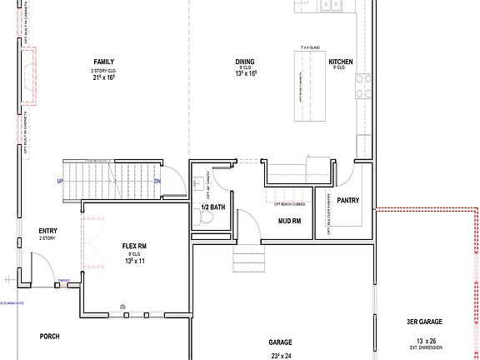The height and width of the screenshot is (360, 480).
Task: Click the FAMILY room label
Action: click(104, 62)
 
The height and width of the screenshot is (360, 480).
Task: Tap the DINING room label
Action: click(245, 62)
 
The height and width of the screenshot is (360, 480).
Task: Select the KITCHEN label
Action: click(341, 62)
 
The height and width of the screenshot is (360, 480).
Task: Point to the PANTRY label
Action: click(348, 200)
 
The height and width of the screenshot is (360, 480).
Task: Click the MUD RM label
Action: click(289, 222)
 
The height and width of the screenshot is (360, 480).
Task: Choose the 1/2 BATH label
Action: click(213, 207)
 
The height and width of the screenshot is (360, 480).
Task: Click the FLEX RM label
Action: click(134, 247)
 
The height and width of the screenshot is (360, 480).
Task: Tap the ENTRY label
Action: click(48, 231)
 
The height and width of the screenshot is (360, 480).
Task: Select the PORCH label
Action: click(50, 337)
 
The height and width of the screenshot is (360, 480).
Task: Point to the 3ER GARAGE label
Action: click(424, 322)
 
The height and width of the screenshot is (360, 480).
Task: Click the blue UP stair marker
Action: click(61, 182)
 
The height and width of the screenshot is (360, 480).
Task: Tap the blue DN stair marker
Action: click(157, 182)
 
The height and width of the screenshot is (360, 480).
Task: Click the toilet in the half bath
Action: click(210, 219)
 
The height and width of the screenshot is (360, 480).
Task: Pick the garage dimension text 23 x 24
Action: click(279, 356)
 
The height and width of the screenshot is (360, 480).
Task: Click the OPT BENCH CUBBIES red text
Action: click(289, 203)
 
